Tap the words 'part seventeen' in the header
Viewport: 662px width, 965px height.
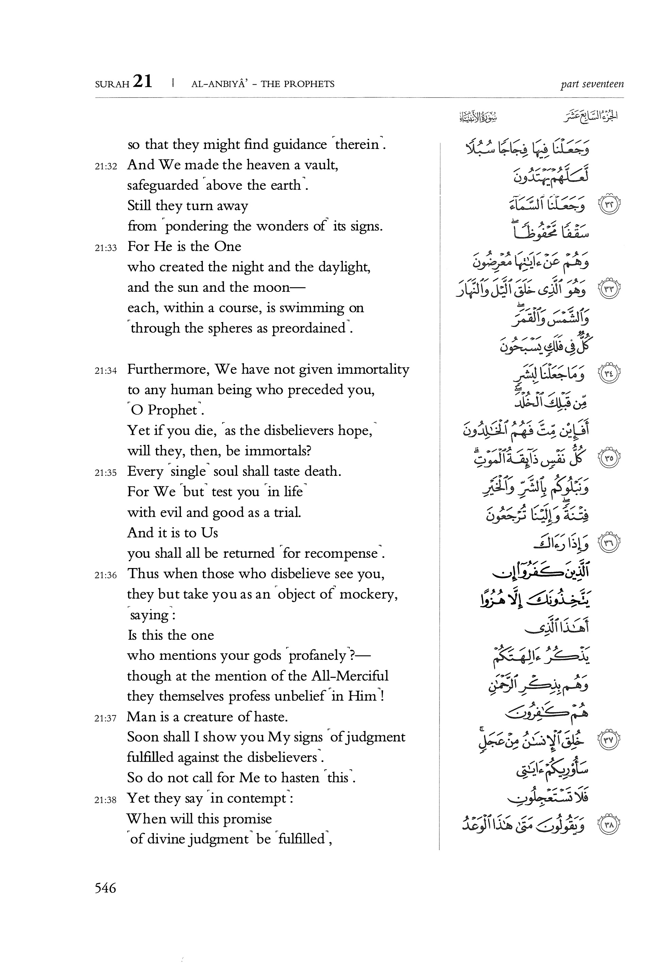tap(592, 84)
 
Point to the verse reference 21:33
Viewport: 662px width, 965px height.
tap(106, 248)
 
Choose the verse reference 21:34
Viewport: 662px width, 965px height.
tap(106, 371)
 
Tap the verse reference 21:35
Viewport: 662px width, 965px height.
tap(106, 472)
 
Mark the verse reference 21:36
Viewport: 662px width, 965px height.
tap(106, 575)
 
